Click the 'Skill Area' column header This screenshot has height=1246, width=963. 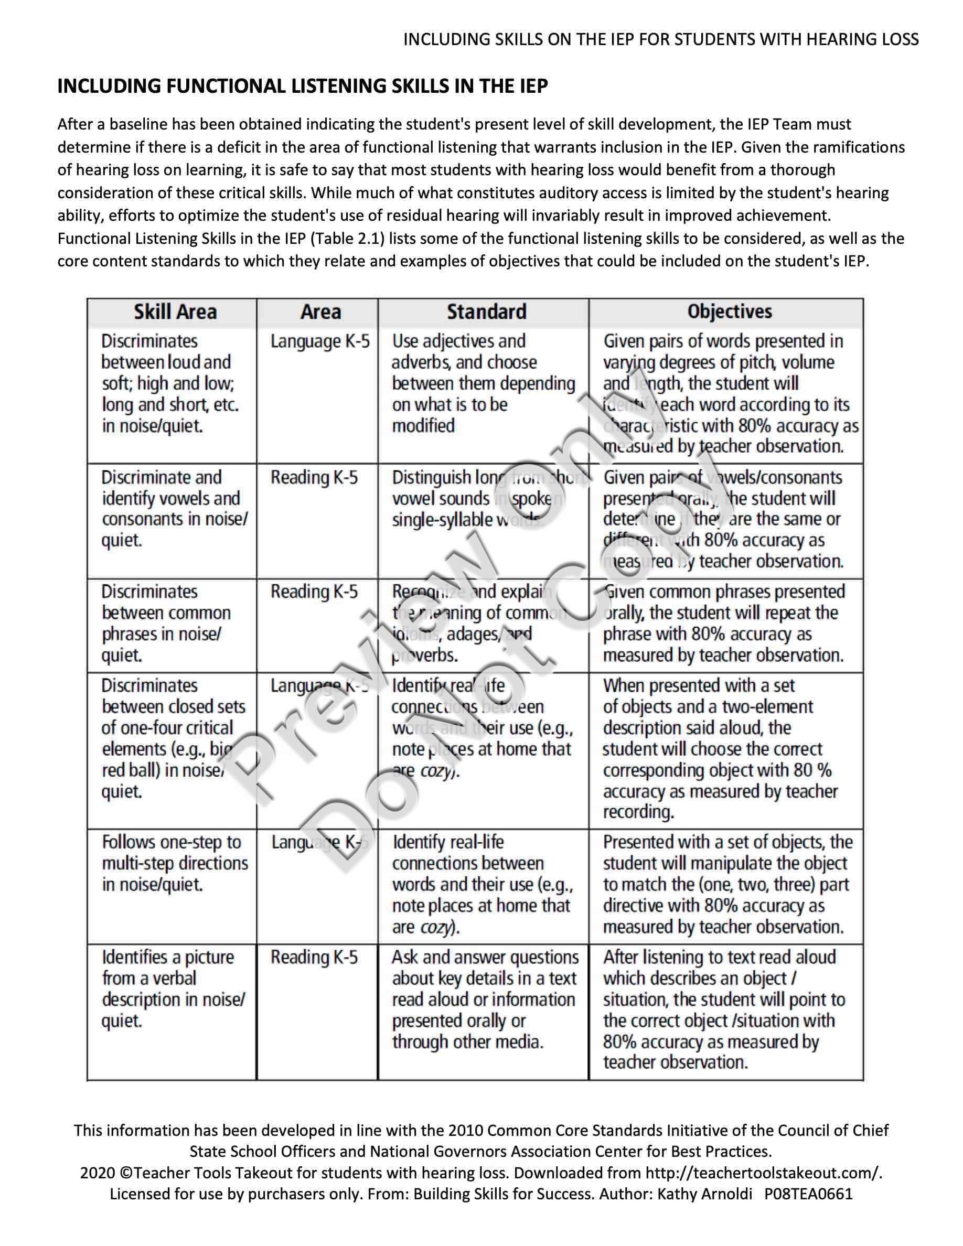[175, 312]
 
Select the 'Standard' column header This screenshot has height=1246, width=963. [486, 312]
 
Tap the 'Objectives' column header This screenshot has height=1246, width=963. [729, 311]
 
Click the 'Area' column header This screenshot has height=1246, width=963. [320, 312]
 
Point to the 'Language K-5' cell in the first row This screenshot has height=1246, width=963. [320, 342]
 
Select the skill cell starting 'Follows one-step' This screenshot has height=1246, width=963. [175, 863]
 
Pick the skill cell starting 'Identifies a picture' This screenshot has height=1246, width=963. [174, 989]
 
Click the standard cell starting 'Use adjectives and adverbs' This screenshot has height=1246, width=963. [483, 383]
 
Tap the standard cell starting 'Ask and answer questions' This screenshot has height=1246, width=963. [484, 1000]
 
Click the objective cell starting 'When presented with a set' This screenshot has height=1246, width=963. [720, 748]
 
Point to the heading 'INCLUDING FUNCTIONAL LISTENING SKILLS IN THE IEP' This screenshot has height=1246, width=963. [302, 86]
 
